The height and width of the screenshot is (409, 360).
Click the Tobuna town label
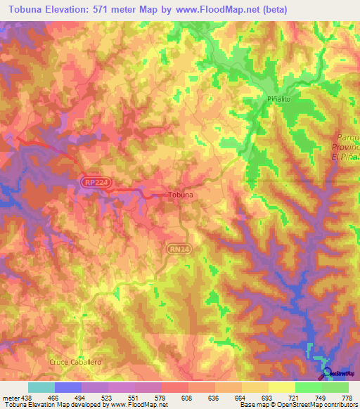pyautogui.click(x=180, y=195)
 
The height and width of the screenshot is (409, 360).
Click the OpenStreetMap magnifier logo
pyautogui.click(x=326, y=372)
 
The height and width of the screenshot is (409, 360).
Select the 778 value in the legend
pyautogui.click(x=347, y=398)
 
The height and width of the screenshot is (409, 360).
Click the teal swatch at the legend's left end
pyautogui.click(x=41, y=387)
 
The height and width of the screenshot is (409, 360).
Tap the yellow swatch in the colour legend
pyautogui.click(x=281, y=387)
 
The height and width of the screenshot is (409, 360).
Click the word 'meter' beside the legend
pyautogui.click(x=10, y=398)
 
